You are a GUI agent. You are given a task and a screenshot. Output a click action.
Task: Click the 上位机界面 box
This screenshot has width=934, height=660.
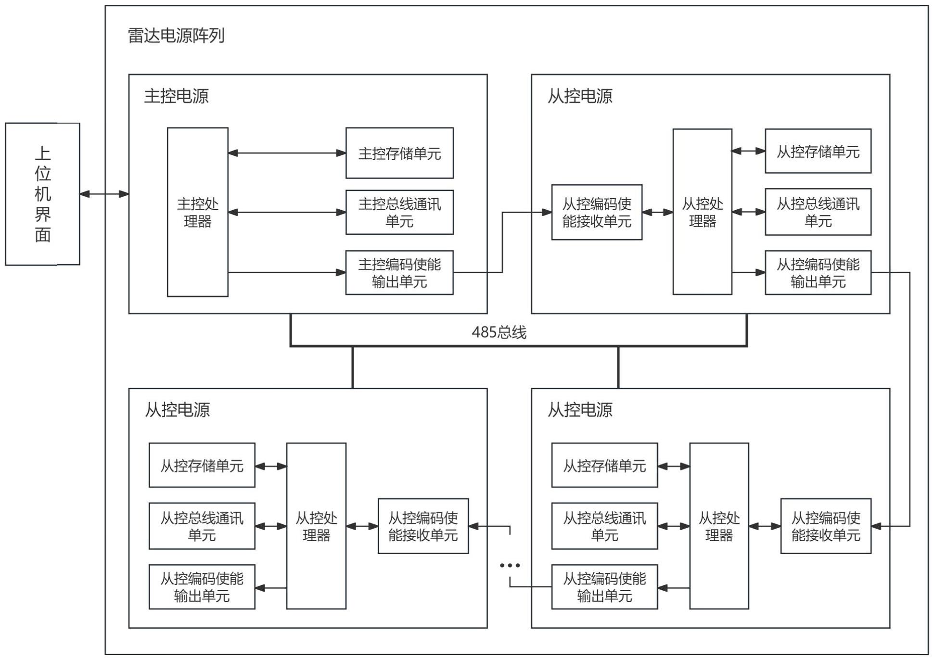pos(42,194)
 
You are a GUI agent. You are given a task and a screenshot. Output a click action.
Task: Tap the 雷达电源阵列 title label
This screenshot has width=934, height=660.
pos(176,36)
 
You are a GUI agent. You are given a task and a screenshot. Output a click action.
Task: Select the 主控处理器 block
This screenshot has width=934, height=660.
pos(197,212)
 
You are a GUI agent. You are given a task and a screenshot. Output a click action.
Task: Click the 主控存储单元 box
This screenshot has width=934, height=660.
pos(399,153)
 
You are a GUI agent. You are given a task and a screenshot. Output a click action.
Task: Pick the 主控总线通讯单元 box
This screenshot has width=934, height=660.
pos(399,212)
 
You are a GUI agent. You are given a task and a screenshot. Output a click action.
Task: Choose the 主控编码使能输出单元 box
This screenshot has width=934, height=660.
pos(399,273)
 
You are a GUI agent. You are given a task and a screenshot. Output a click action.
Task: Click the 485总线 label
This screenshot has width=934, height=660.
pos(499,332)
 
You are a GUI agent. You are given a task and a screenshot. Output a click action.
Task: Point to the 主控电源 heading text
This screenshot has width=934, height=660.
pos(176,96)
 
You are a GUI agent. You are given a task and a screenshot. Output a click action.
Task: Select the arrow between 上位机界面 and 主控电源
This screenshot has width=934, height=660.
pos(104,194)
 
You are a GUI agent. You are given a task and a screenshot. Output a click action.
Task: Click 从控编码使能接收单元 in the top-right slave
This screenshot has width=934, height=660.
pos(597,212)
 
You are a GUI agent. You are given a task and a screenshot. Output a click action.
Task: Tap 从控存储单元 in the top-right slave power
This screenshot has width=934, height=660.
pos(818,151)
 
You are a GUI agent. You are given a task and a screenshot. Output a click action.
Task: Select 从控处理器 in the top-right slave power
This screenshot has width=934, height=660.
pos(702,212)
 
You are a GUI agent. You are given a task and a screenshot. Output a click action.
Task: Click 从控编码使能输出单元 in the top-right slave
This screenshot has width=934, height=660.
pos(818,273)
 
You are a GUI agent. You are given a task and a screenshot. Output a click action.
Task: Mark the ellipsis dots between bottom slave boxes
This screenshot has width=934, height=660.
pos(510,565)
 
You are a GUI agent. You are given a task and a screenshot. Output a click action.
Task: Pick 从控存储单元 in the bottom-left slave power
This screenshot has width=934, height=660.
pos(202,465)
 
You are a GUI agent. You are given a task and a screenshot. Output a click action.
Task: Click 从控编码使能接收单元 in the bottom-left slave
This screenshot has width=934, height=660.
pos(423,526)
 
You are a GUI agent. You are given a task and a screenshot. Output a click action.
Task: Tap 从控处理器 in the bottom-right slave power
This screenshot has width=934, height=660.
pos(719,526)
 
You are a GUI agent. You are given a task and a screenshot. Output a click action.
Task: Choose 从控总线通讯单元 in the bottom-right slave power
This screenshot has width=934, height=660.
pos(604,526)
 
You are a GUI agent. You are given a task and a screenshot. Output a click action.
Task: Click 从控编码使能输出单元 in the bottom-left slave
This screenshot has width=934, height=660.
pos(202,587)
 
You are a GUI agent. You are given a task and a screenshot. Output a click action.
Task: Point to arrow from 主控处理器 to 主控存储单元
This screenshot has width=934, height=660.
pos(287,153)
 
